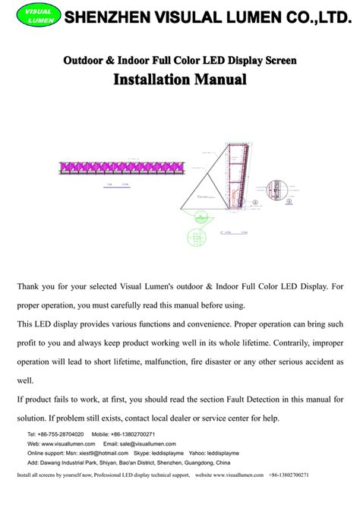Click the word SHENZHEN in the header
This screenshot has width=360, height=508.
104,16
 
